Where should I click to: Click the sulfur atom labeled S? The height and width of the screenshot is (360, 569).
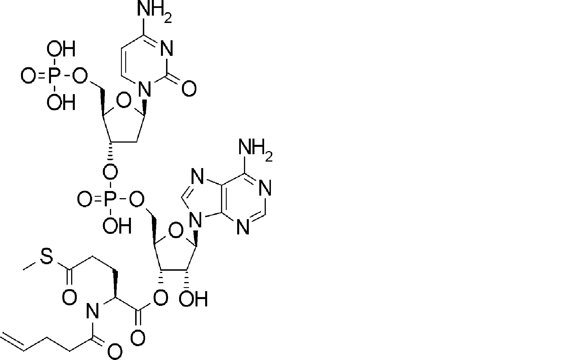click(x=47, y=257)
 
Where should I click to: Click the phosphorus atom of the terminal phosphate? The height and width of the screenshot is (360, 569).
click(x=54, y=77)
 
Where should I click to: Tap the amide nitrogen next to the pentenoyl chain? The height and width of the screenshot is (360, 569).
click(x=92, y=310)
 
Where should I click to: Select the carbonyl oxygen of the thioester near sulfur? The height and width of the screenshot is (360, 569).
click(x=69, y=297)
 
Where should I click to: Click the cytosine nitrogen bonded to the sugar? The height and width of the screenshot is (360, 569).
click(x=145, y=89)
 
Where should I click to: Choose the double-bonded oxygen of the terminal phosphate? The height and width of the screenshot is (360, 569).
click(x=29, y=77)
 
